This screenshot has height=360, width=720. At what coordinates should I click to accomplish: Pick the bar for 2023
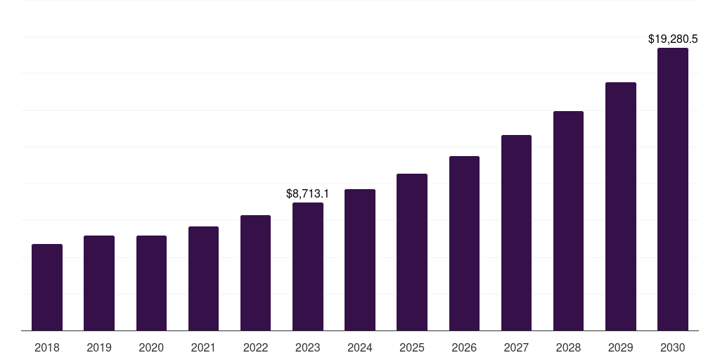pyautogui.click(x=308, y=266)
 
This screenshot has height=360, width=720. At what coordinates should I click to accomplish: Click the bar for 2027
pyautogui.click(x=516, y=233)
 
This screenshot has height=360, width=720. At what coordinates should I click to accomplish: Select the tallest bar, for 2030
pyautogui.click(x=673, y=189)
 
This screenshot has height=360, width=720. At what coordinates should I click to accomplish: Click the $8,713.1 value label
pyautogui.click(x=308, y=193)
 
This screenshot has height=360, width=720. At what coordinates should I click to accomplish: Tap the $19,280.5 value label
pyautogui.click(x=673, y=39)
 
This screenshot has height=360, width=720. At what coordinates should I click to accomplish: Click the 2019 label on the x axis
pyautogui.click(x=99, y=347)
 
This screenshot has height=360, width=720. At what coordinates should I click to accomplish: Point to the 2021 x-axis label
pyautogui.click(x=203, y=347)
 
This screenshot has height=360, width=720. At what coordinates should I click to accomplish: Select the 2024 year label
pyautogui.click(x=360, y=347)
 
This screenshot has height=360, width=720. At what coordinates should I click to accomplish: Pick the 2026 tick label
pyautogui.click(x=464, y=347)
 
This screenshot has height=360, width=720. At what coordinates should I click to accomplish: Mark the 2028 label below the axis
pyautogui.click(x=568, y=347)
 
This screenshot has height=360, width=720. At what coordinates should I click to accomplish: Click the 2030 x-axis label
pyautogui.click(x=673, y=347)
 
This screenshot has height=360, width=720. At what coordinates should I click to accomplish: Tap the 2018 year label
pyautogui.click(x=47, y=347)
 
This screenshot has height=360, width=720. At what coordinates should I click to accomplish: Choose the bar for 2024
pyautogui.click(x=360, y=259)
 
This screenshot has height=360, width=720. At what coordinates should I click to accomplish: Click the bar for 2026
pyautogui.click(x=464, y=243)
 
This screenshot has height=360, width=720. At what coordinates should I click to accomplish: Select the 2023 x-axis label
pyautogui.click(x=308, y=347)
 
